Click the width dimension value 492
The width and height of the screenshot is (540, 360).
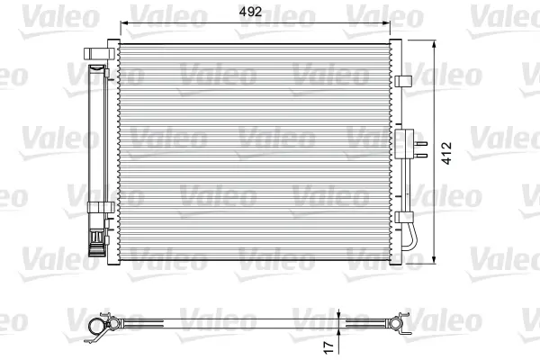(250, 12)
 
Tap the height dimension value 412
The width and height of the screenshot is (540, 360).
(446, 153)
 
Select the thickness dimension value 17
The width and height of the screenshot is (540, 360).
(328, 347)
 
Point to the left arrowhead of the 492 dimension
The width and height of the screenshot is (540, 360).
(124, 23)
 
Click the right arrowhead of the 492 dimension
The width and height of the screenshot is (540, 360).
(386, 23)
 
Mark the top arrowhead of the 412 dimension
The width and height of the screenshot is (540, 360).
(434, 44)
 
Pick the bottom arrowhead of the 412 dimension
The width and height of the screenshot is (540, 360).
(434, 260)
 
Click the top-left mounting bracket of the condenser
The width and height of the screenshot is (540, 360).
(99, 53)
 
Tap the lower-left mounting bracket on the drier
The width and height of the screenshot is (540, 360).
(101, 207)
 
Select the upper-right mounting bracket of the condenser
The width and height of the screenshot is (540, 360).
(403, 81)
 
